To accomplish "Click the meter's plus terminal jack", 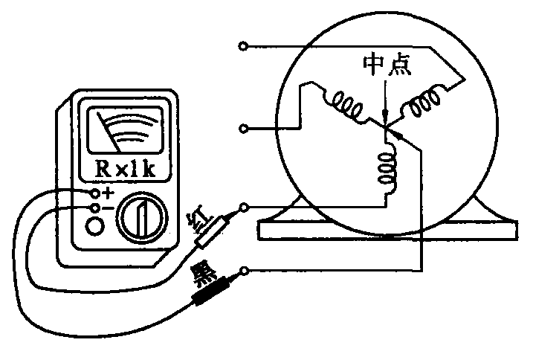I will (95, 193).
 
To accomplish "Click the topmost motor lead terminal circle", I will (243, 46).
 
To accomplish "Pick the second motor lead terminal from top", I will (243, 129).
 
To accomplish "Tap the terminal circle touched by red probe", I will (245, 206).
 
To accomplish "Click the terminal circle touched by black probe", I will (245, 271).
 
